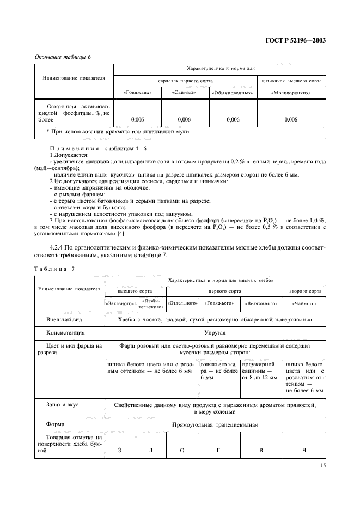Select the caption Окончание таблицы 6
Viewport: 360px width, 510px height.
[60, 57]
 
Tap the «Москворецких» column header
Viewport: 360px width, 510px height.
[291, 93]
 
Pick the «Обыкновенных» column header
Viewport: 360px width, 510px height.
[233, 93]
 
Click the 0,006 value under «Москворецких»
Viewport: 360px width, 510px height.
[291, 119]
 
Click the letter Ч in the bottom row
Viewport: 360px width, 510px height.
[304, 450]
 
